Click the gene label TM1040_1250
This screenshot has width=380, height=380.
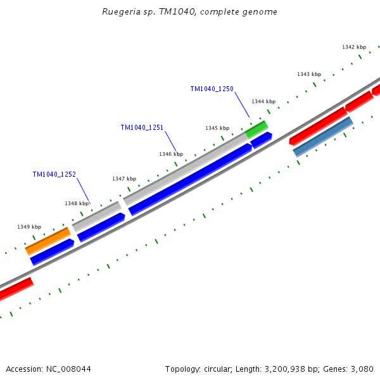pos(212,89)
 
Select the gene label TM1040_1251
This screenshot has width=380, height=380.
pos(142,128)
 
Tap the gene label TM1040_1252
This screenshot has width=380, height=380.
pos(54,175)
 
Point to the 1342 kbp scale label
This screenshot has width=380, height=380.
pos(354,47)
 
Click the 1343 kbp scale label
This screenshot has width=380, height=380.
pos(309,75)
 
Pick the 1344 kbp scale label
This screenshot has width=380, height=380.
pos(263,102)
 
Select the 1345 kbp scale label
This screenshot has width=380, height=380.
pos(217,129)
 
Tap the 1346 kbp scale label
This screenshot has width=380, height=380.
pos(171,155)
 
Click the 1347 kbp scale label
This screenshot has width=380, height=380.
pos(124,179)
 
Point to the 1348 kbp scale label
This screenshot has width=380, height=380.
pos(77,204)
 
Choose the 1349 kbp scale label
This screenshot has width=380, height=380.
pos(29,227)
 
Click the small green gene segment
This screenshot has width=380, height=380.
pos(256,129)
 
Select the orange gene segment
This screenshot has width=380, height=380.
pos(48,241)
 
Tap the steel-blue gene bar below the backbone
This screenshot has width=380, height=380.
pos(323,136)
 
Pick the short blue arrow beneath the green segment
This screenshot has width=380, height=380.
pos(261,140)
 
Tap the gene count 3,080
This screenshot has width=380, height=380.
pos(362,369)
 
